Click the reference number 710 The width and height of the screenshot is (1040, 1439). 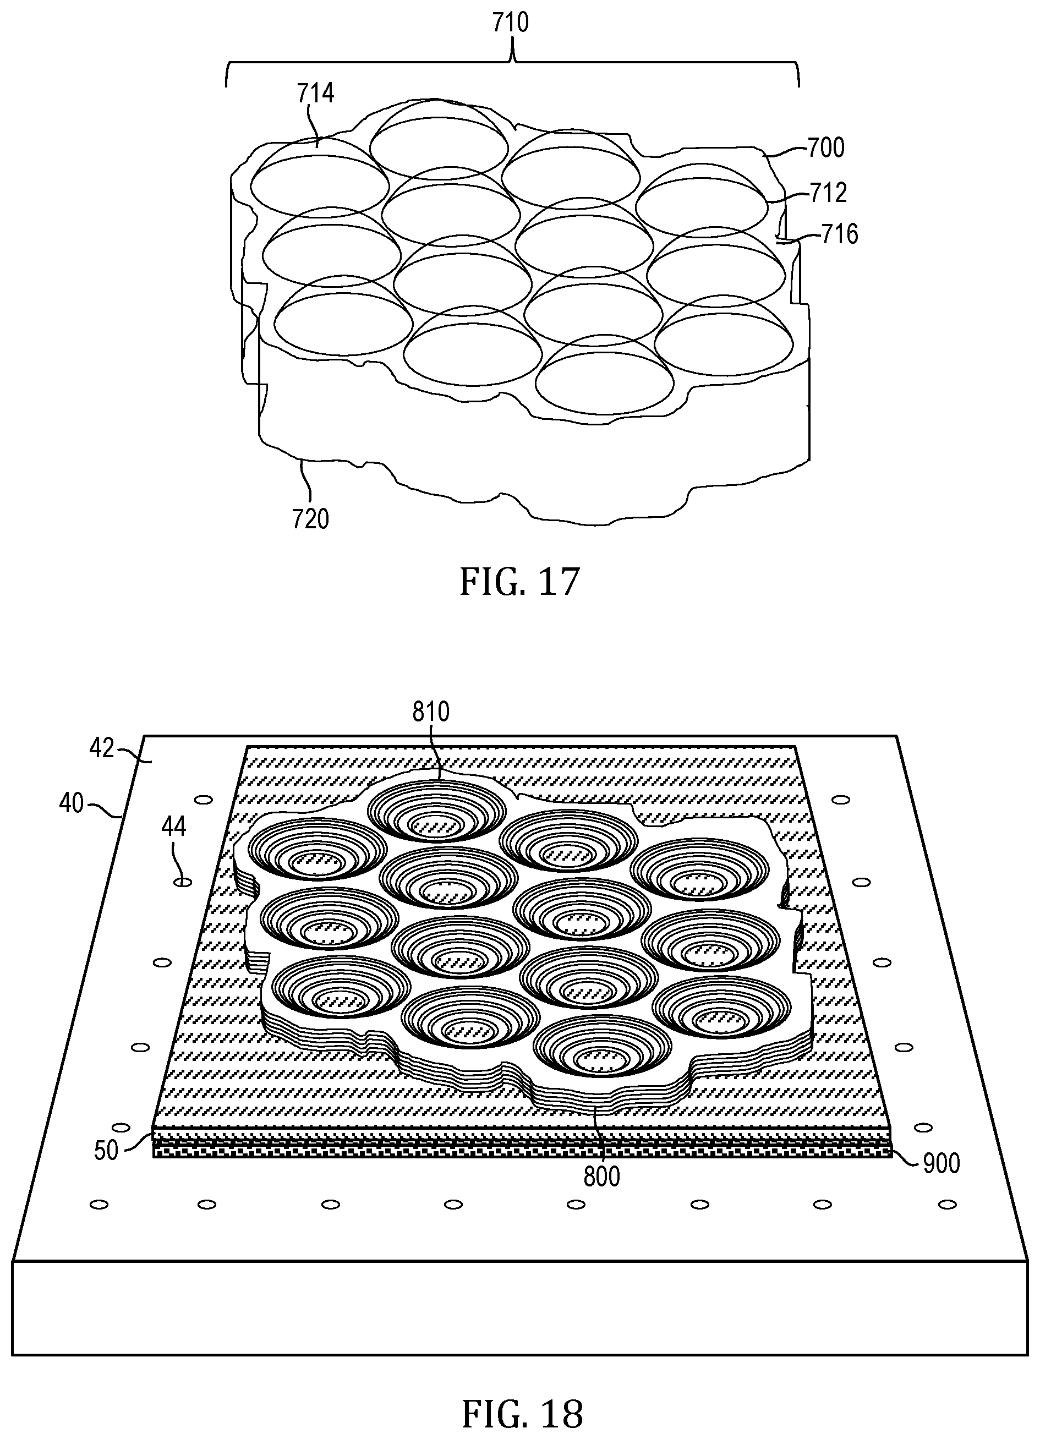coord(510,23)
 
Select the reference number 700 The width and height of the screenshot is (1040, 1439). coord(825,148)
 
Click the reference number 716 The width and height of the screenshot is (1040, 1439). coord(840,235)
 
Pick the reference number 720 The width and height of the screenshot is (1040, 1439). coord(311,519)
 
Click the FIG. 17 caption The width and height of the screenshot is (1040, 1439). coord(519,582)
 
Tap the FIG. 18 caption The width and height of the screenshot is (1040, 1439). coord(522,1413)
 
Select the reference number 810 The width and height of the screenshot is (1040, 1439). coord(431,712)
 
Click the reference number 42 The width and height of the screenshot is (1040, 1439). coord(102,749)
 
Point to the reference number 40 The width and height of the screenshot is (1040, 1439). coord(72,804)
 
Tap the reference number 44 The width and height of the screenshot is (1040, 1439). coord(174,827)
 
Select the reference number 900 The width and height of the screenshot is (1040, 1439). coord(941,1164)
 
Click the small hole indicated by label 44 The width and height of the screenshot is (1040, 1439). coord(183,882)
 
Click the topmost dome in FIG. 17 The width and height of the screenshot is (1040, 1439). coord(439,135)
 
